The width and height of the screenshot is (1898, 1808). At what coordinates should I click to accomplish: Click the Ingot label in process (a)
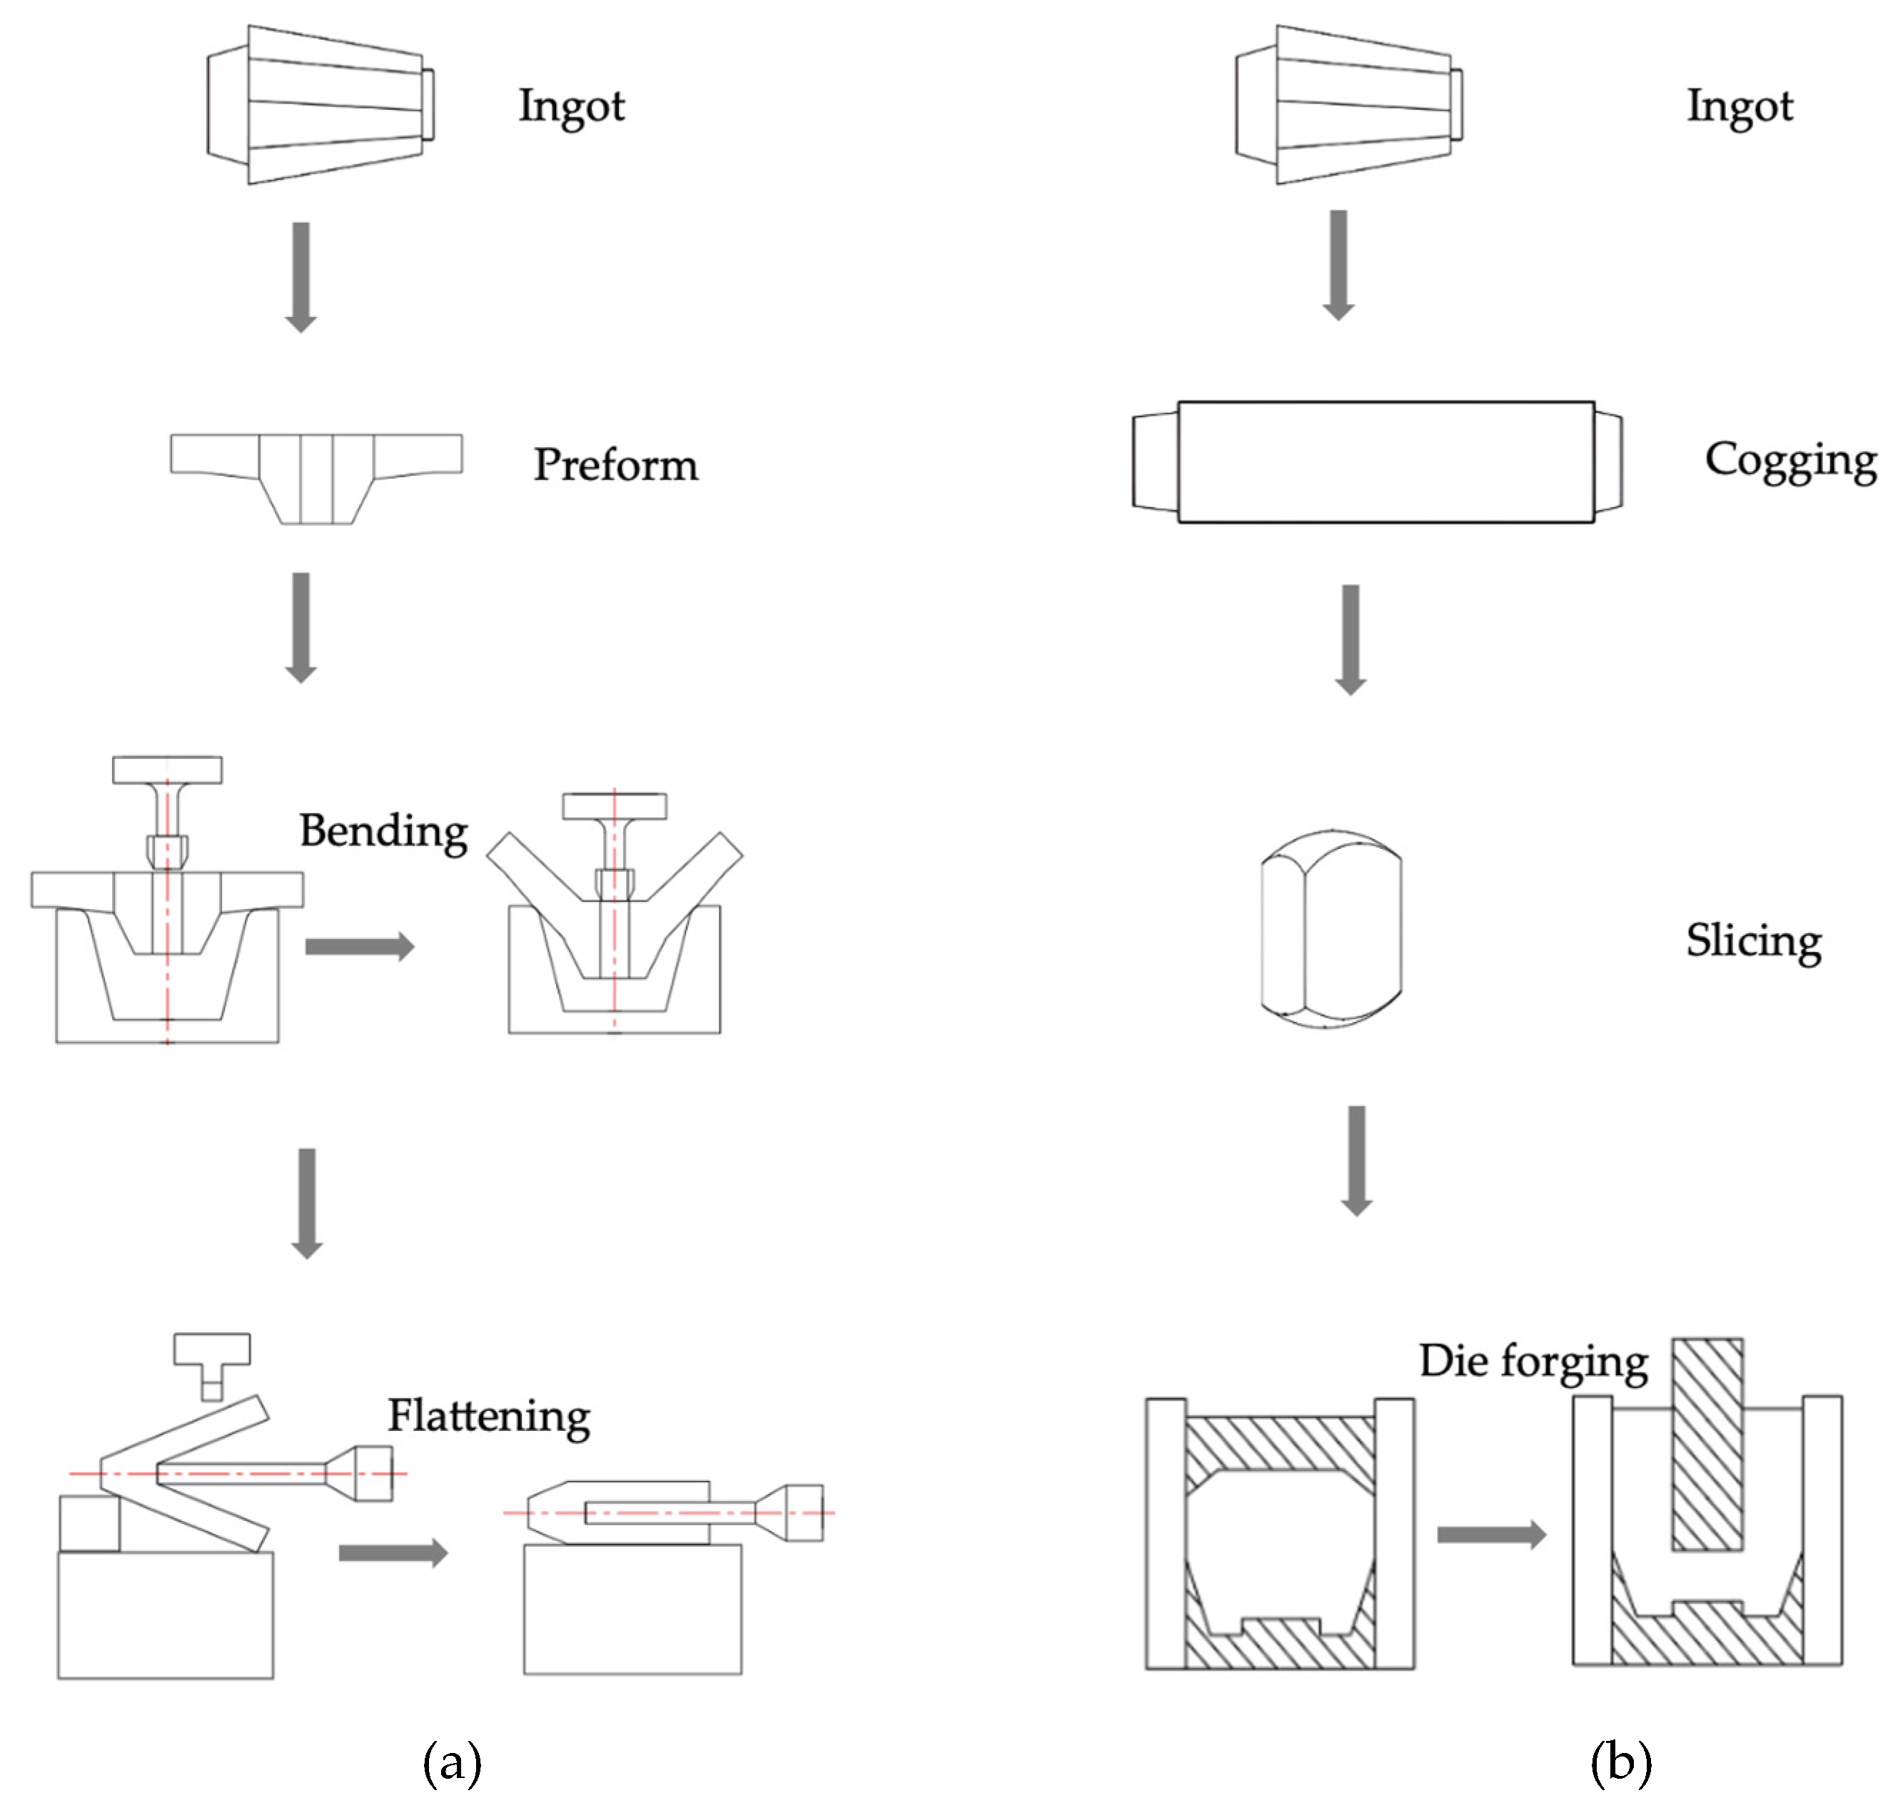(x=571, y=106)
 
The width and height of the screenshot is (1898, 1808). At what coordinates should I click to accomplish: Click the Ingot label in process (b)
(x=1739, y=106)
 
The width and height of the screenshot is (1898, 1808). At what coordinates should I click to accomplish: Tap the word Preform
(x=615, y=465)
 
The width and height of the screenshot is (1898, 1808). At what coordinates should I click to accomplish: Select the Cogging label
(x=1790, y=461)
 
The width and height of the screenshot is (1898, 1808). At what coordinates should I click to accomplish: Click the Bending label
(x=383, y=830)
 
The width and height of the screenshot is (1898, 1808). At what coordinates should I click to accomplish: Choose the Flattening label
(x=488, y=1416)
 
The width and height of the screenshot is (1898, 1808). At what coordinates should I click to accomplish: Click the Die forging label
(x=1533, y=1361)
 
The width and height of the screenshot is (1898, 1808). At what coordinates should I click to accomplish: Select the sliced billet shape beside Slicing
(x=1331, y=929)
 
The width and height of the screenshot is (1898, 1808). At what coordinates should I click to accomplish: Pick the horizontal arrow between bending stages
(x=359, y=946)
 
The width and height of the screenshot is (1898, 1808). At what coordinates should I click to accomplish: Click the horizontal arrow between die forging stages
(x=1490, y=1535)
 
